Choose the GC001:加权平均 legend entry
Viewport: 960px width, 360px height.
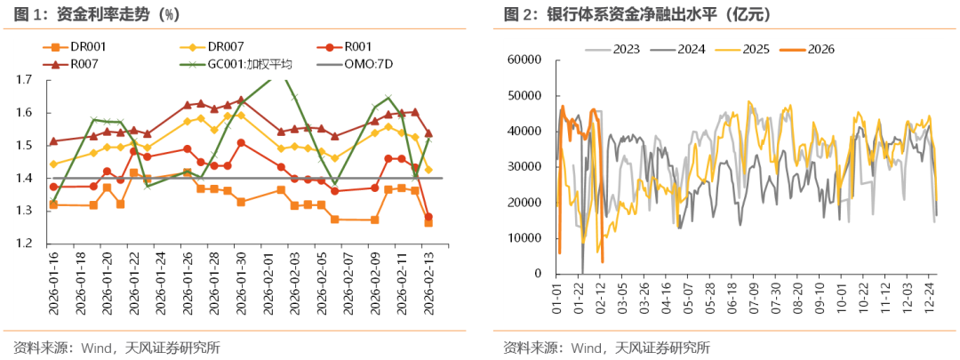249,63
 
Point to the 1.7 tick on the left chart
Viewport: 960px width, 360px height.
23,80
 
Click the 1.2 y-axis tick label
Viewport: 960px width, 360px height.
23,244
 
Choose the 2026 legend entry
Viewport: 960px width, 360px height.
818,48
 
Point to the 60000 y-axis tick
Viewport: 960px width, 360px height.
523,60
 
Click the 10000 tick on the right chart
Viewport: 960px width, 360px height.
523,238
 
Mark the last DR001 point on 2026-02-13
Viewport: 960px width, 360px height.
428,222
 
